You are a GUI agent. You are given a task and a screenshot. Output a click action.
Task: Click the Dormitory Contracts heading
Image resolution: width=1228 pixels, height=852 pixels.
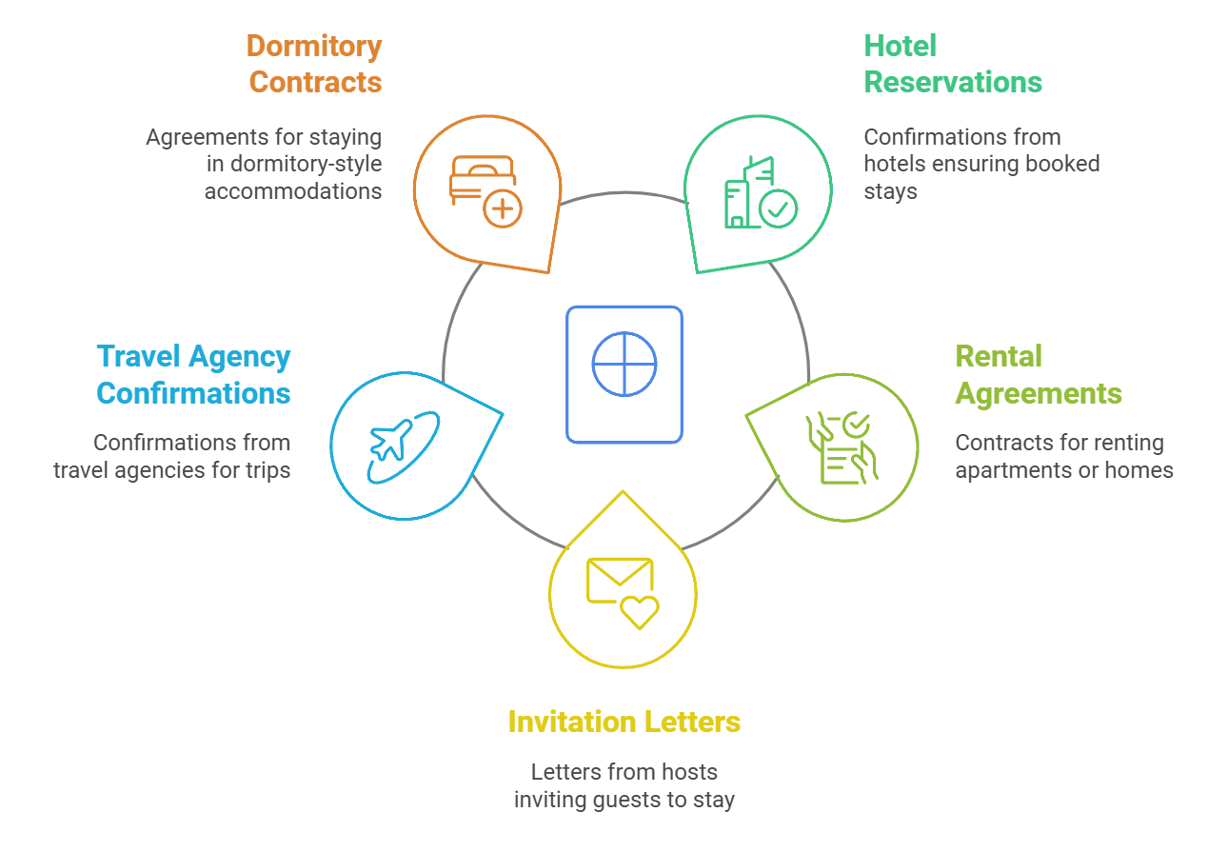[x=314, y=64]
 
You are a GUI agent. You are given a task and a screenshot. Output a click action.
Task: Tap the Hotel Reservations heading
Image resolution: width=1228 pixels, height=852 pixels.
[x=952, y=64]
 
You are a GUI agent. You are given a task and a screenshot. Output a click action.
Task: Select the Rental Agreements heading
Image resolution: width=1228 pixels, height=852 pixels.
[x=1038, y=375]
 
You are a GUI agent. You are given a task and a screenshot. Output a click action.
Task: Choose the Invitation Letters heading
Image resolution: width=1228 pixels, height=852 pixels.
[x=624, y=722]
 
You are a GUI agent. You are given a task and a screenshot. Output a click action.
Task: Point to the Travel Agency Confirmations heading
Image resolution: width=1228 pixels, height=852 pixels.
[x=193, y=375]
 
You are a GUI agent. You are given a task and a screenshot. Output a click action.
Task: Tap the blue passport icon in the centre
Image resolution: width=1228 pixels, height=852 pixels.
[x=624, y=374]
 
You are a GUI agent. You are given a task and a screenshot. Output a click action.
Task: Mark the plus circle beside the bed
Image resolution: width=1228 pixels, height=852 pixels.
[x=502, y=208]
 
